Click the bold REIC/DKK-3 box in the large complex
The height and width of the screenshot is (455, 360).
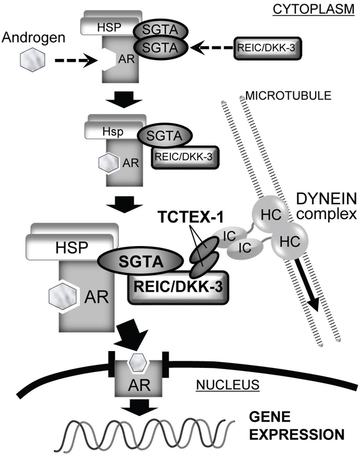(172, 290)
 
